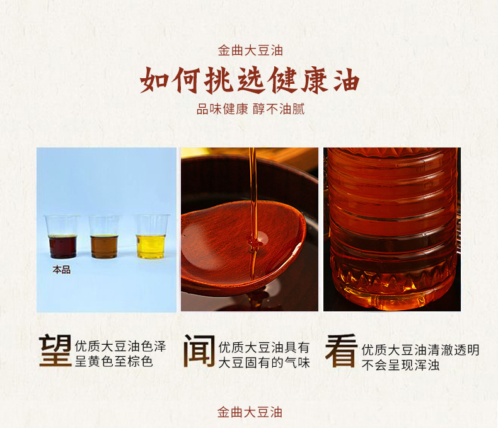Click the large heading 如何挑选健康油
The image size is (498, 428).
(250, 80)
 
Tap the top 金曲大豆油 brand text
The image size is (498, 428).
(250, 51)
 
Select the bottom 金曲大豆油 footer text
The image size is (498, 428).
(250, 412)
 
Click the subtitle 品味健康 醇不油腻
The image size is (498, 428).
(251, 109)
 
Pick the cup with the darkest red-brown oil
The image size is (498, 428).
(62, 236)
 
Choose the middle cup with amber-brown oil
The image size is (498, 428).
(104, 236)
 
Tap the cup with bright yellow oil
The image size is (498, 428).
(151, 236)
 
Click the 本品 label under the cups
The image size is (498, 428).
(62, 270)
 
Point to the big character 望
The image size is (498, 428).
(55, 351)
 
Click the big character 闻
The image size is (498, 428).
(199, 351)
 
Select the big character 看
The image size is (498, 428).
(341, 351)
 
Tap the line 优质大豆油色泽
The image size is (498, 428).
(120, 346)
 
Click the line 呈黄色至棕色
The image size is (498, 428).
(113, 361)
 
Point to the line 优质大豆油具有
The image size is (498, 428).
(264, 348)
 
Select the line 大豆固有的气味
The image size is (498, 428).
(264, 362)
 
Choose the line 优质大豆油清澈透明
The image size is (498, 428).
(420, 350)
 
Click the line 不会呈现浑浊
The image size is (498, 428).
(400, 365)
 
